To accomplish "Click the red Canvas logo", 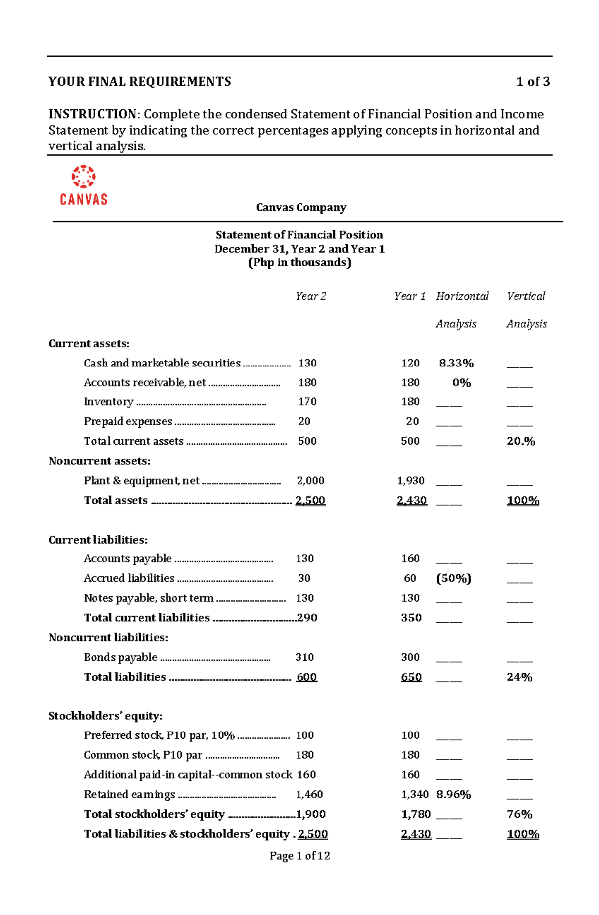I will tap(84, 185).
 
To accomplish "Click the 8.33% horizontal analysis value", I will tap(456, 363).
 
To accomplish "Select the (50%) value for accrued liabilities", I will tap(453, 578).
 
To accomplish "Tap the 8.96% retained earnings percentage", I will tap(453, 794).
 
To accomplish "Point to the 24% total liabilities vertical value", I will tap(519, 677).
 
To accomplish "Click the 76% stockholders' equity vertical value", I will tap(519, 814).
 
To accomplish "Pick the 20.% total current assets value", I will tap(521, 441).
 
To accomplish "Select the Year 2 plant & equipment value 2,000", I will tap(310, 481).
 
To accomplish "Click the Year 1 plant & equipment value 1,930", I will tap(411, 481).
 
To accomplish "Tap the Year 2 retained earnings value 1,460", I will tap(309, 794).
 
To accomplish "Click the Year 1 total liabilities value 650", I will tap(411, 677).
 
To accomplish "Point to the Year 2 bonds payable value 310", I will tap(304, 657).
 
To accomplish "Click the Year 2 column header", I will tap(310, 296).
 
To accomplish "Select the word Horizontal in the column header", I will tap(462, 296).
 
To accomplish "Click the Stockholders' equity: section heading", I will tap(105, 716).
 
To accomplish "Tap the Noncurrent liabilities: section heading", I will tap(108, 638).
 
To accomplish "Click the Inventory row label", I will tap(108, 402).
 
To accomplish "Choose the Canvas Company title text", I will tap(301, 207).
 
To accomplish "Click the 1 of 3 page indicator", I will tap(533, 82).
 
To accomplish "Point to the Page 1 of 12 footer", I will tap(299, 856).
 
